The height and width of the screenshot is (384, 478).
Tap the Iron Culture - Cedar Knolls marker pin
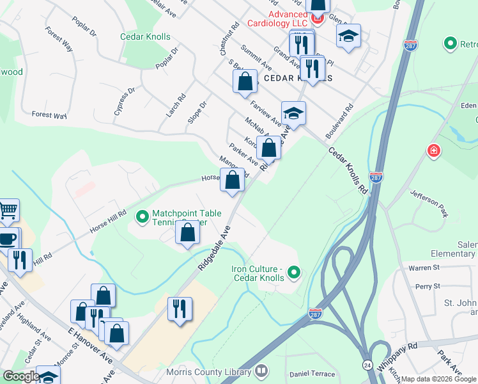coord(294,273)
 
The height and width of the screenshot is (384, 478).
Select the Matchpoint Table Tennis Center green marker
coord(141,218)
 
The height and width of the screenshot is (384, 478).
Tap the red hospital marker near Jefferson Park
coord(434,151)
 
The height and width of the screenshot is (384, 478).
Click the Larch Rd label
coord(176,106)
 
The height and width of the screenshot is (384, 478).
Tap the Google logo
coord(21,376)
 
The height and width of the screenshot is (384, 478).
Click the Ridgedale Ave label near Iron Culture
coord(214,246)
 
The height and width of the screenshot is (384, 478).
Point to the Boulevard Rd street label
coord(339,119)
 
